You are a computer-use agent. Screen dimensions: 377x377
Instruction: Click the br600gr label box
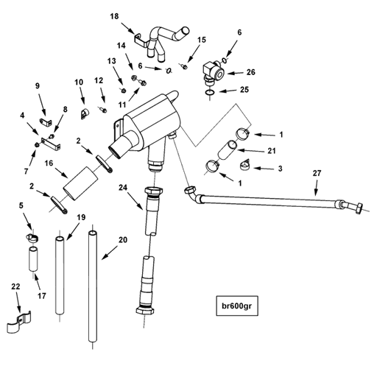pyautogui.click(x=237, y=306)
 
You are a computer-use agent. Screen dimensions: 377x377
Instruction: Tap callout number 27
pyautogui.click(x=317, y=173)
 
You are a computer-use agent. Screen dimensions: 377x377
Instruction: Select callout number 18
pyautogui.click(x=114, y=16)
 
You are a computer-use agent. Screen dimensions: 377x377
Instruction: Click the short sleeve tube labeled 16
pyautogui.click(x=80, y=183)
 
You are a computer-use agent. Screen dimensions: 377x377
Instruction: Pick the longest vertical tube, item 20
pyautogui.click(x=93, y=286)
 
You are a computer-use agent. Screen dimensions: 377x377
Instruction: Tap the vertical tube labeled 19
pyautogui.click(x=60, y=275)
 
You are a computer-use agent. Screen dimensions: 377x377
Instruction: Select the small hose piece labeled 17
pyautogui.click(x=33, y=259)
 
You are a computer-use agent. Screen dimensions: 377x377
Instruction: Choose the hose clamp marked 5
pyautogui.click(x=32, y=238)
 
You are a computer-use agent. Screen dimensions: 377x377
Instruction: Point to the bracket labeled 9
pyautogui.click(x=46, y=121)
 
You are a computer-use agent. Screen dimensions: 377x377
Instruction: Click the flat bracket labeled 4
pyautogui.click(x=51, y=143)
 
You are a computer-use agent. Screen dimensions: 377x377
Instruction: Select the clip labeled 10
pyautogui.click(x=85, y=114)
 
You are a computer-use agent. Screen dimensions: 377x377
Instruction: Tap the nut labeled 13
pyautogui.click(x=124, y=91)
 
